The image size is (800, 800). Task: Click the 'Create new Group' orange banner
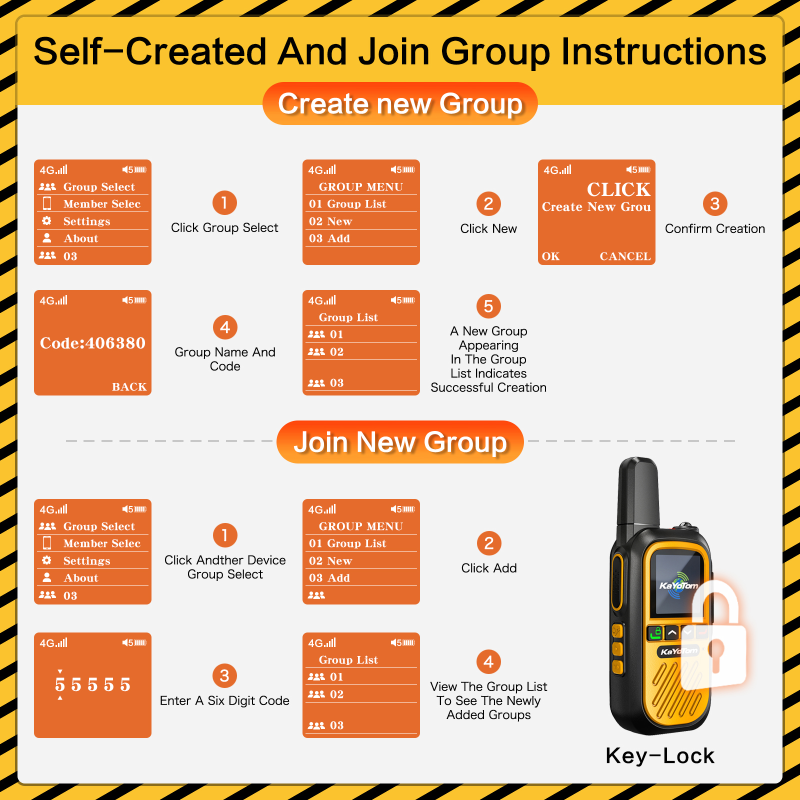tap(400, 103)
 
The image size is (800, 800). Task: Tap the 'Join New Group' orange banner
tap(400, 442)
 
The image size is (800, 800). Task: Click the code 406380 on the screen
tap(92, 343)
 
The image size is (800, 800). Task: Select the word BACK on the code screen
tap(129, 386)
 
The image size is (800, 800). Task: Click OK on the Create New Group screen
tap(551, 256)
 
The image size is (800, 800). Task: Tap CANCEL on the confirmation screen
tap(625, 256)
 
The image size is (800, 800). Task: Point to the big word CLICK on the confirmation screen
tap(618, 189)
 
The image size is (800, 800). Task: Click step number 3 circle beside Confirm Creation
tap(715, 203)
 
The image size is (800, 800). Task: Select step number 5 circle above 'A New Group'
tap(488, 306)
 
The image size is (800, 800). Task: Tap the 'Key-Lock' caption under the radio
tap(660, 755)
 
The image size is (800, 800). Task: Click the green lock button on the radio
tap(655, 632)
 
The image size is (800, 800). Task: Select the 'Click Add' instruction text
tap(489, 568)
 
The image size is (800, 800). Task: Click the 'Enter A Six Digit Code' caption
tap(224, 700)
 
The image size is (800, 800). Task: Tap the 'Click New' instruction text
tap(488, 228)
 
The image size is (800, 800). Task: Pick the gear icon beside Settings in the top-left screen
tap(46, 220)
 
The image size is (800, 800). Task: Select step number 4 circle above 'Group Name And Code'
tap(225, 327)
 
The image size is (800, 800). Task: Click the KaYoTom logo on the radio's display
tap(678, 585)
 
